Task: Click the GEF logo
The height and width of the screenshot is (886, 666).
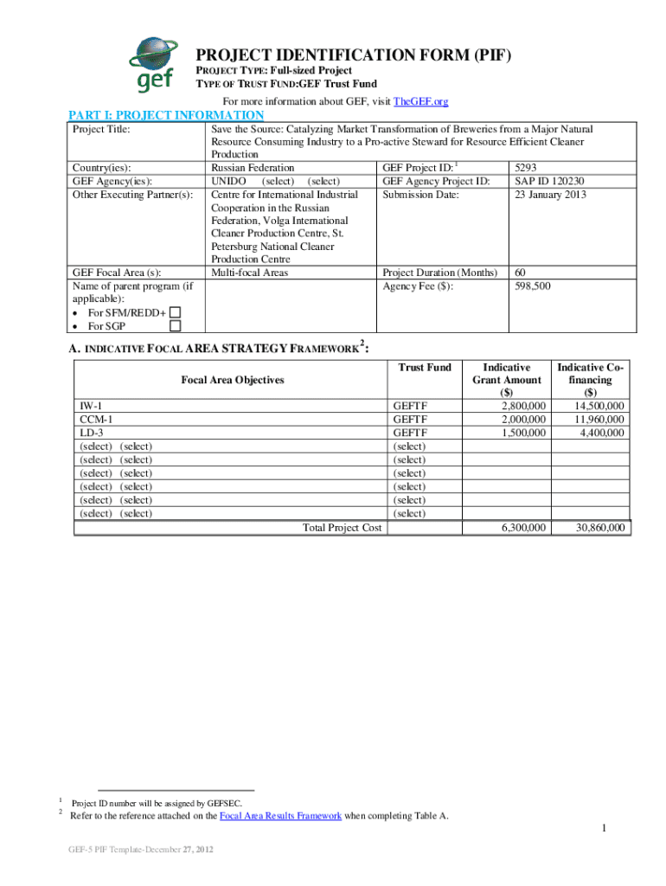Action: [156, 65]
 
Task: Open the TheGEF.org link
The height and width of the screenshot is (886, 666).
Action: [420, 102]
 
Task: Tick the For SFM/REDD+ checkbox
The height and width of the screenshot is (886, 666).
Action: [176, 312]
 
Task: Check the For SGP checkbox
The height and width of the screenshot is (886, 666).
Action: [176, 326]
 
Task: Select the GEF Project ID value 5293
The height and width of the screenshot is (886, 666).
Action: [527, 168]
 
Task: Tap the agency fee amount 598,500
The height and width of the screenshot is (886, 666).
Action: [533, 286]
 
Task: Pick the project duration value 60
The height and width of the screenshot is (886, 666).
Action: [521, 273]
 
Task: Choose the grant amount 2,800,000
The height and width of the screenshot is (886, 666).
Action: [523, 406]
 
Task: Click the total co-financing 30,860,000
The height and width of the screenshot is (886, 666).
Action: [596, 527]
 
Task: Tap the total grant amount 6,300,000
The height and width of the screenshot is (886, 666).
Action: [523, 527]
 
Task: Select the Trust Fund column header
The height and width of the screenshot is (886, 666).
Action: [424, 368]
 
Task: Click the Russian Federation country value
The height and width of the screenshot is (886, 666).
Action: [252, 168]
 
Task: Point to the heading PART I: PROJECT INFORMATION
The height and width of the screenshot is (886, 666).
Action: [166, 115]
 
